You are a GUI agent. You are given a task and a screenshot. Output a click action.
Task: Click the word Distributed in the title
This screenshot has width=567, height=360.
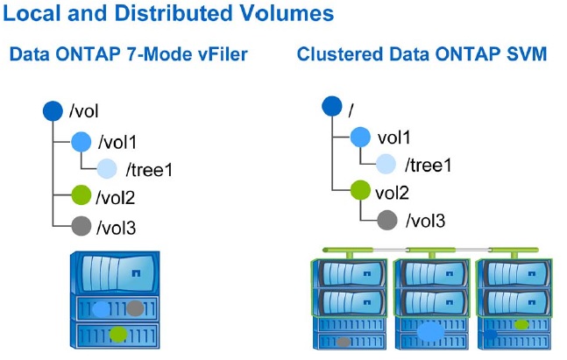174,13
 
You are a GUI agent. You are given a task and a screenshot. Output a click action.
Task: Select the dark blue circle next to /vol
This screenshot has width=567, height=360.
53,111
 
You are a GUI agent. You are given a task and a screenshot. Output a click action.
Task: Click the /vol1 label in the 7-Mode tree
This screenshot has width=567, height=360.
117,142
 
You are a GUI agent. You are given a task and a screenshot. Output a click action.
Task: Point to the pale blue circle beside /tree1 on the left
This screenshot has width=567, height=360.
107,168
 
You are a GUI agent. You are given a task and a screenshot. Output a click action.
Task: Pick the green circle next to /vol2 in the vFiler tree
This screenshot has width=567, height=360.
81,195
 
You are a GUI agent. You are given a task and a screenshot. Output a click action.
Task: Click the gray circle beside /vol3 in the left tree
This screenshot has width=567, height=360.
81,226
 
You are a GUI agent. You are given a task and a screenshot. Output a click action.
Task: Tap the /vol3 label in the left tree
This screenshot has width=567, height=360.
116,228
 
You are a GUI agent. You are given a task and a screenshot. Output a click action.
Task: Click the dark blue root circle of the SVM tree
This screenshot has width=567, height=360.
332,107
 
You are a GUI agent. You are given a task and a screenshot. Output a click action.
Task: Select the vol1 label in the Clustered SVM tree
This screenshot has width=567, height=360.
393,138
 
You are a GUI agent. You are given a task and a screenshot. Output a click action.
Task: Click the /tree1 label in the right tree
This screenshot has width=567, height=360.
429,166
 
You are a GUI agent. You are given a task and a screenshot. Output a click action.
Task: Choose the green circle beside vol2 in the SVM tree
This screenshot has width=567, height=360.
360,190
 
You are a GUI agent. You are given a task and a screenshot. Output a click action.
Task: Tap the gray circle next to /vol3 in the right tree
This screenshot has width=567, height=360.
387,220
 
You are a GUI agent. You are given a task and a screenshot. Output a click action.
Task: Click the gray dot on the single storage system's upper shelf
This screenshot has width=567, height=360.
135,308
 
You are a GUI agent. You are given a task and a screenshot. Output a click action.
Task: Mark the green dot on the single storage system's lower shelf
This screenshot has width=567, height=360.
118,335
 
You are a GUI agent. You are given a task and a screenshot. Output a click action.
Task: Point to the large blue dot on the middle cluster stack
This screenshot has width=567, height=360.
430,331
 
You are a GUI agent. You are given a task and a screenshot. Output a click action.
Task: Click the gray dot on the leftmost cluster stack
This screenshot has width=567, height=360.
344,342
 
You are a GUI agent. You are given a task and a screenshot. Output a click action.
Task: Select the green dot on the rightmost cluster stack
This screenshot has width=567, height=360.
521,325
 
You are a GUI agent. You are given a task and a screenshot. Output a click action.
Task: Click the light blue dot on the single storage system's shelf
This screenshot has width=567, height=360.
101,309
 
